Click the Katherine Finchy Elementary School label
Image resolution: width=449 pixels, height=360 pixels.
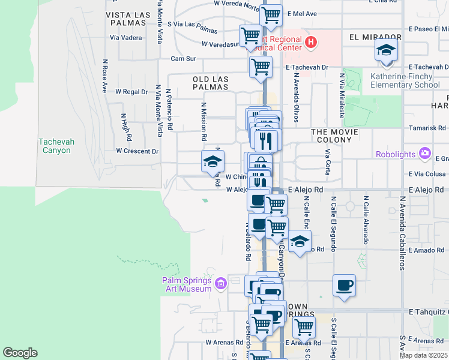point(405,80)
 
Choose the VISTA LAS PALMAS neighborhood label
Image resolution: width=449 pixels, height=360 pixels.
point(126,19)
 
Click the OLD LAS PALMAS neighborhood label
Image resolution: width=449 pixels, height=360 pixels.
point(210,83)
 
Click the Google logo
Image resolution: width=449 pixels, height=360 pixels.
point(20,353)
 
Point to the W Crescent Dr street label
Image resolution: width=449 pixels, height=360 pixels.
point(137,151)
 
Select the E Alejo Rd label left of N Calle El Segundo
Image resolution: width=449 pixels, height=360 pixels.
point(306,190)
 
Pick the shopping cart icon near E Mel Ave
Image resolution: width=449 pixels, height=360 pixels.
point(271,15)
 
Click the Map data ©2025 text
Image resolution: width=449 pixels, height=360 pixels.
point(423,355)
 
